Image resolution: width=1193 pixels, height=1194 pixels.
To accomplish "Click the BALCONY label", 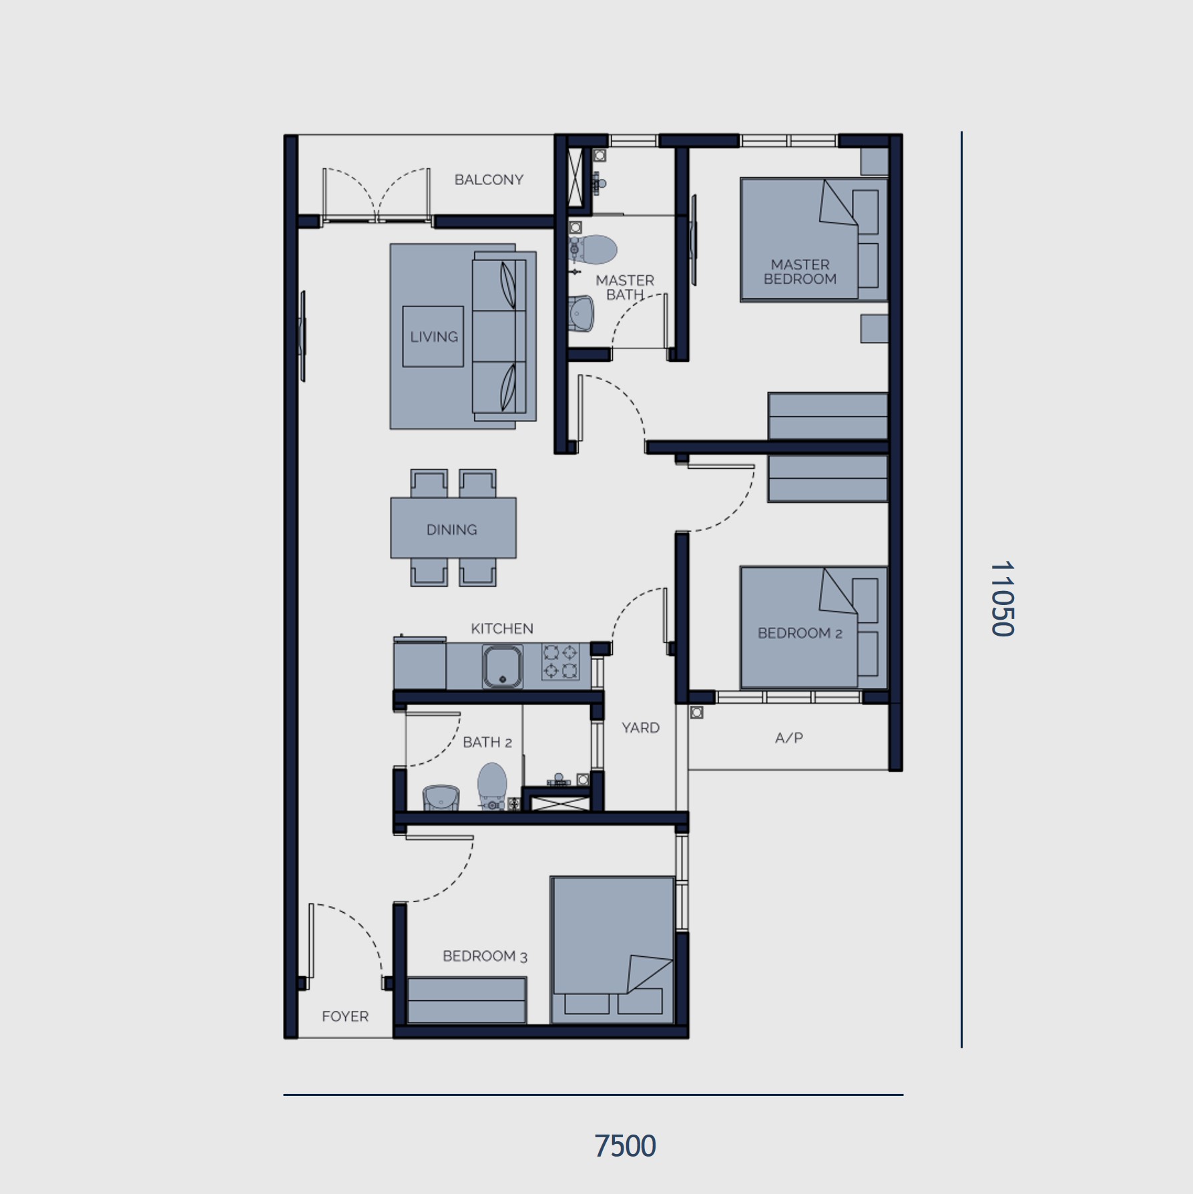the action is click(489, 180).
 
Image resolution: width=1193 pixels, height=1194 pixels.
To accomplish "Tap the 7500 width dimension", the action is click(625, 1146).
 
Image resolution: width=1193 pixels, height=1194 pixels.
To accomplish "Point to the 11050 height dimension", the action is click(1002, 598).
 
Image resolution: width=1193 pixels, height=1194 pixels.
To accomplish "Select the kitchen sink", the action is click(503, 666).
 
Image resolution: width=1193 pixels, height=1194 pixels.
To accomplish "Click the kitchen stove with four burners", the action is click(560, 661).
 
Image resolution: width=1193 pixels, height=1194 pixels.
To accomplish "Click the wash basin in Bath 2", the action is click(441, 798).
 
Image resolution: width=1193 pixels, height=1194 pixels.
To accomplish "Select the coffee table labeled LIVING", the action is click(433, 337).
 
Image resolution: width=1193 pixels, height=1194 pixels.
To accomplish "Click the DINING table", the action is click(453, 528).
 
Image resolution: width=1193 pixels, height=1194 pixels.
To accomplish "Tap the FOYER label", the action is click(345, 1016).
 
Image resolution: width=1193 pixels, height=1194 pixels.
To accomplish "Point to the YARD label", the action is click(640, 728).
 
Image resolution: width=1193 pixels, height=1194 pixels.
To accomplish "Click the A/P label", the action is click(789, 738).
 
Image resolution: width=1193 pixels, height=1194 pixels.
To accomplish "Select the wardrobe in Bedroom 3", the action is click(467, 1000).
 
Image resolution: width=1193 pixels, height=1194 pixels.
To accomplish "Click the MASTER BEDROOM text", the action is click(800, 272).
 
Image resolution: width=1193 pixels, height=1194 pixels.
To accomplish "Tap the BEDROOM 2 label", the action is click(800, 633).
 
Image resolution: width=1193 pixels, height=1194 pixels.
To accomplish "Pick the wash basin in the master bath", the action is click(581, 314).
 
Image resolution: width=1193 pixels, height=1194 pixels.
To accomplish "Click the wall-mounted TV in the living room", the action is click(302, 337).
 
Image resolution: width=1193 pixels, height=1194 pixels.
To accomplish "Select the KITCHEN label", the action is click(502, 628).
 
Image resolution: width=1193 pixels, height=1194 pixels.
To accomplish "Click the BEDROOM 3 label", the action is click(485, 956).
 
